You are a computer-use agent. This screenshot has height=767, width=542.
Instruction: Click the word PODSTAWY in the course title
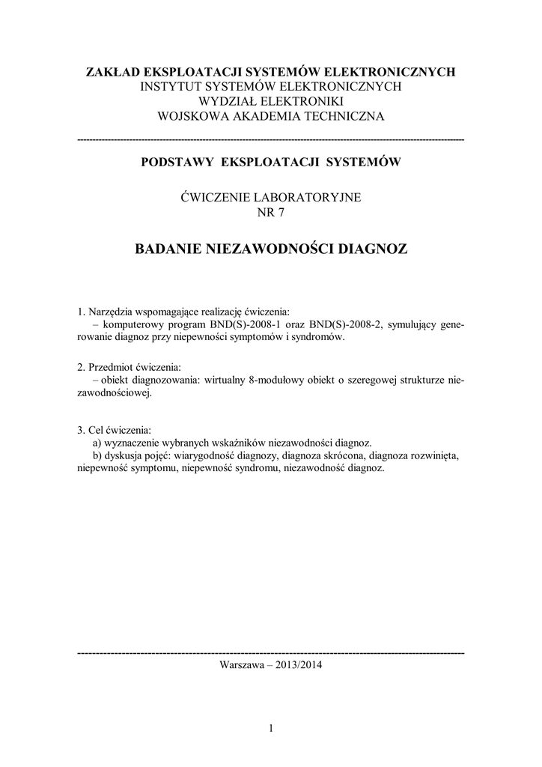coord(174,162)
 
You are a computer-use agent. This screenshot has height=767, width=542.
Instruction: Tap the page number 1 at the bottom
coord(271,727)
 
